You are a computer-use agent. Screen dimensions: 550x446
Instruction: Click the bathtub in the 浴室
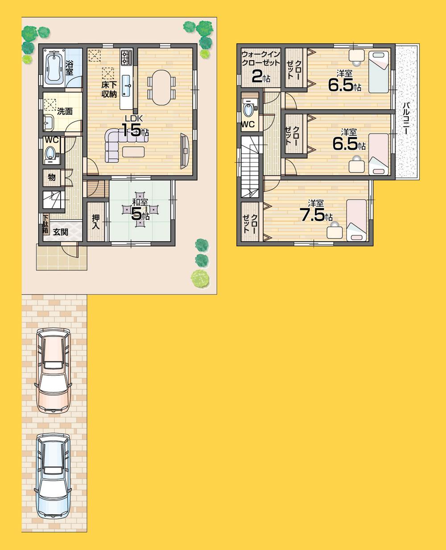click(x=54, y=67)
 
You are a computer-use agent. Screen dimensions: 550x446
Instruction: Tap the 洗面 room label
click(x=65, y=111)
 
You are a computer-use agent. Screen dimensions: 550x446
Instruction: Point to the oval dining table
click(x=161, y=87)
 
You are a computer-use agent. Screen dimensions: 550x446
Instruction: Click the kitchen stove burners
click(x=126, y=57)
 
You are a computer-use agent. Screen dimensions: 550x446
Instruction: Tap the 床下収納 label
click(x=109, y=88)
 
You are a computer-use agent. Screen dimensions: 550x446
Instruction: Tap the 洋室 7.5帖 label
click(x=316, y=212)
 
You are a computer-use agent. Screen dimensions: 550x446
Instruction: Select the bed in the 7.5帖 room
click(x=357, y=220)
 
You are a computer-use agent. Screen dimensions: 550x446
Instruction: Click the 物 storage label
click(x=52, y=177)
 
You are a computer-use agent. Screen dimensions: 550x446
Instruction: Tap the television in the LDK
click(x=185, y=151)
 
